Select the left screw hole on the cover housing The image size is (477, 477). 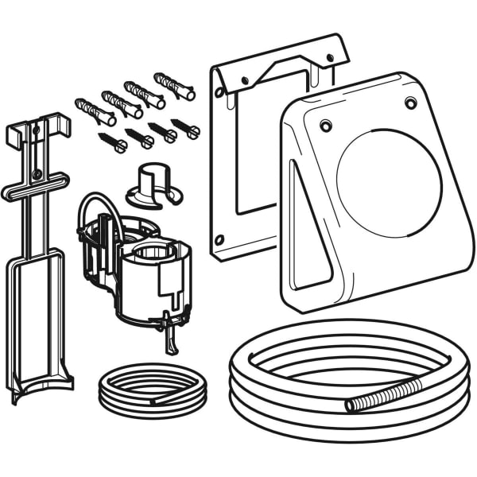pyautogui.click(x=326, y=125)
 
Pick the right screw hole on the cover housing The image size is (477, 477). pyautogui.click(x=410, y=103)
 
